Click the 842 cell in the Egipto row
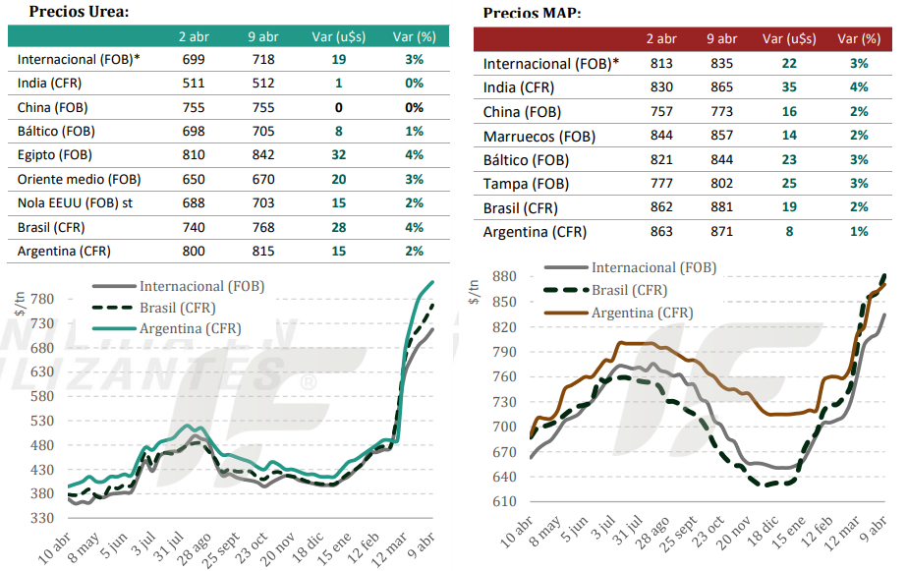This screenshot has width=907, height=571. pyautogui.click(x=261, y=154)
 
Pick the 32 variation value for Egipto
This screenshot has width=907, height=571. pyautogui.click(x=339, y=154)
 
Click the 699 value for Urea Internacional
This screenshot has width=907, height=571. pyautogui.click(x=193, y=59)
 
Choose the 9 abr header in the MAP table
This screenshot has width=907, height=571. pyautogui.click(x=721, y=39)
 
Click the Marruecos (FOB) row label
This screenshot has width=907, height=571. pyautogui.click(x=539, y=137)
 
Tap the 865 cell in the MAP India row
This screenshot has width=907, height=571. pyautogui.click(x=722, y=87)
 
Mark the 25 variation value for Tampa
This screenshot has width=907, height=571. pyautogui.click(x=789, y=184)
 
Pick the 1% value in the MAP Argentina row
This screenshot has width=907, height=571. pyautogui.click(x=859, y=231)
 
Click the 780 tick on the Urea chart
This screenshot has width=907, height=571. pyautogui.click(x=41, y=299)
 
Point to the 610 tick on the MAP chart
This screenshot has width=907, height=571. pyautogui.click(x=503, y=501)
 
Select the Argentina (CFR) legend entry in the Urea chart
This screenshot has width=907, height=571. pyautogui.click(x=190, y=328)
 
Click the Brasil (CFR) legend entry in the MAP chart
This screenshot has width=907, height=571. pyautogui.click(x=629, y=290)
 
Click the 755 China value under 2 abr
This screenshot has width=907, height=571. pyautogui.click(x=193, y=107)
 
